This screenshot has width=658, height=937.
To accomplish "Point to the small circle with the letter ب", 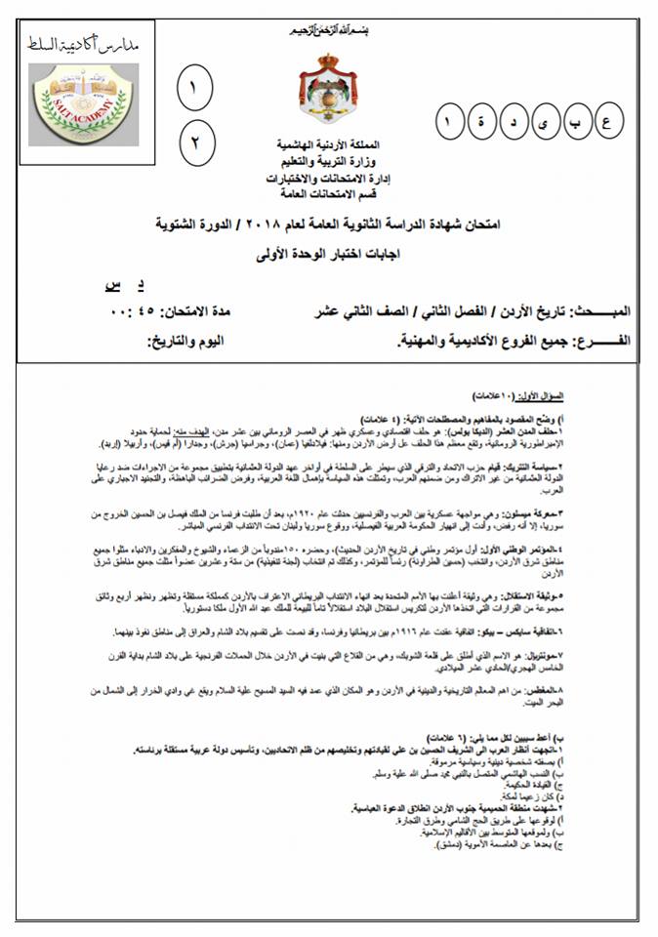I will click(575, 124).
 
